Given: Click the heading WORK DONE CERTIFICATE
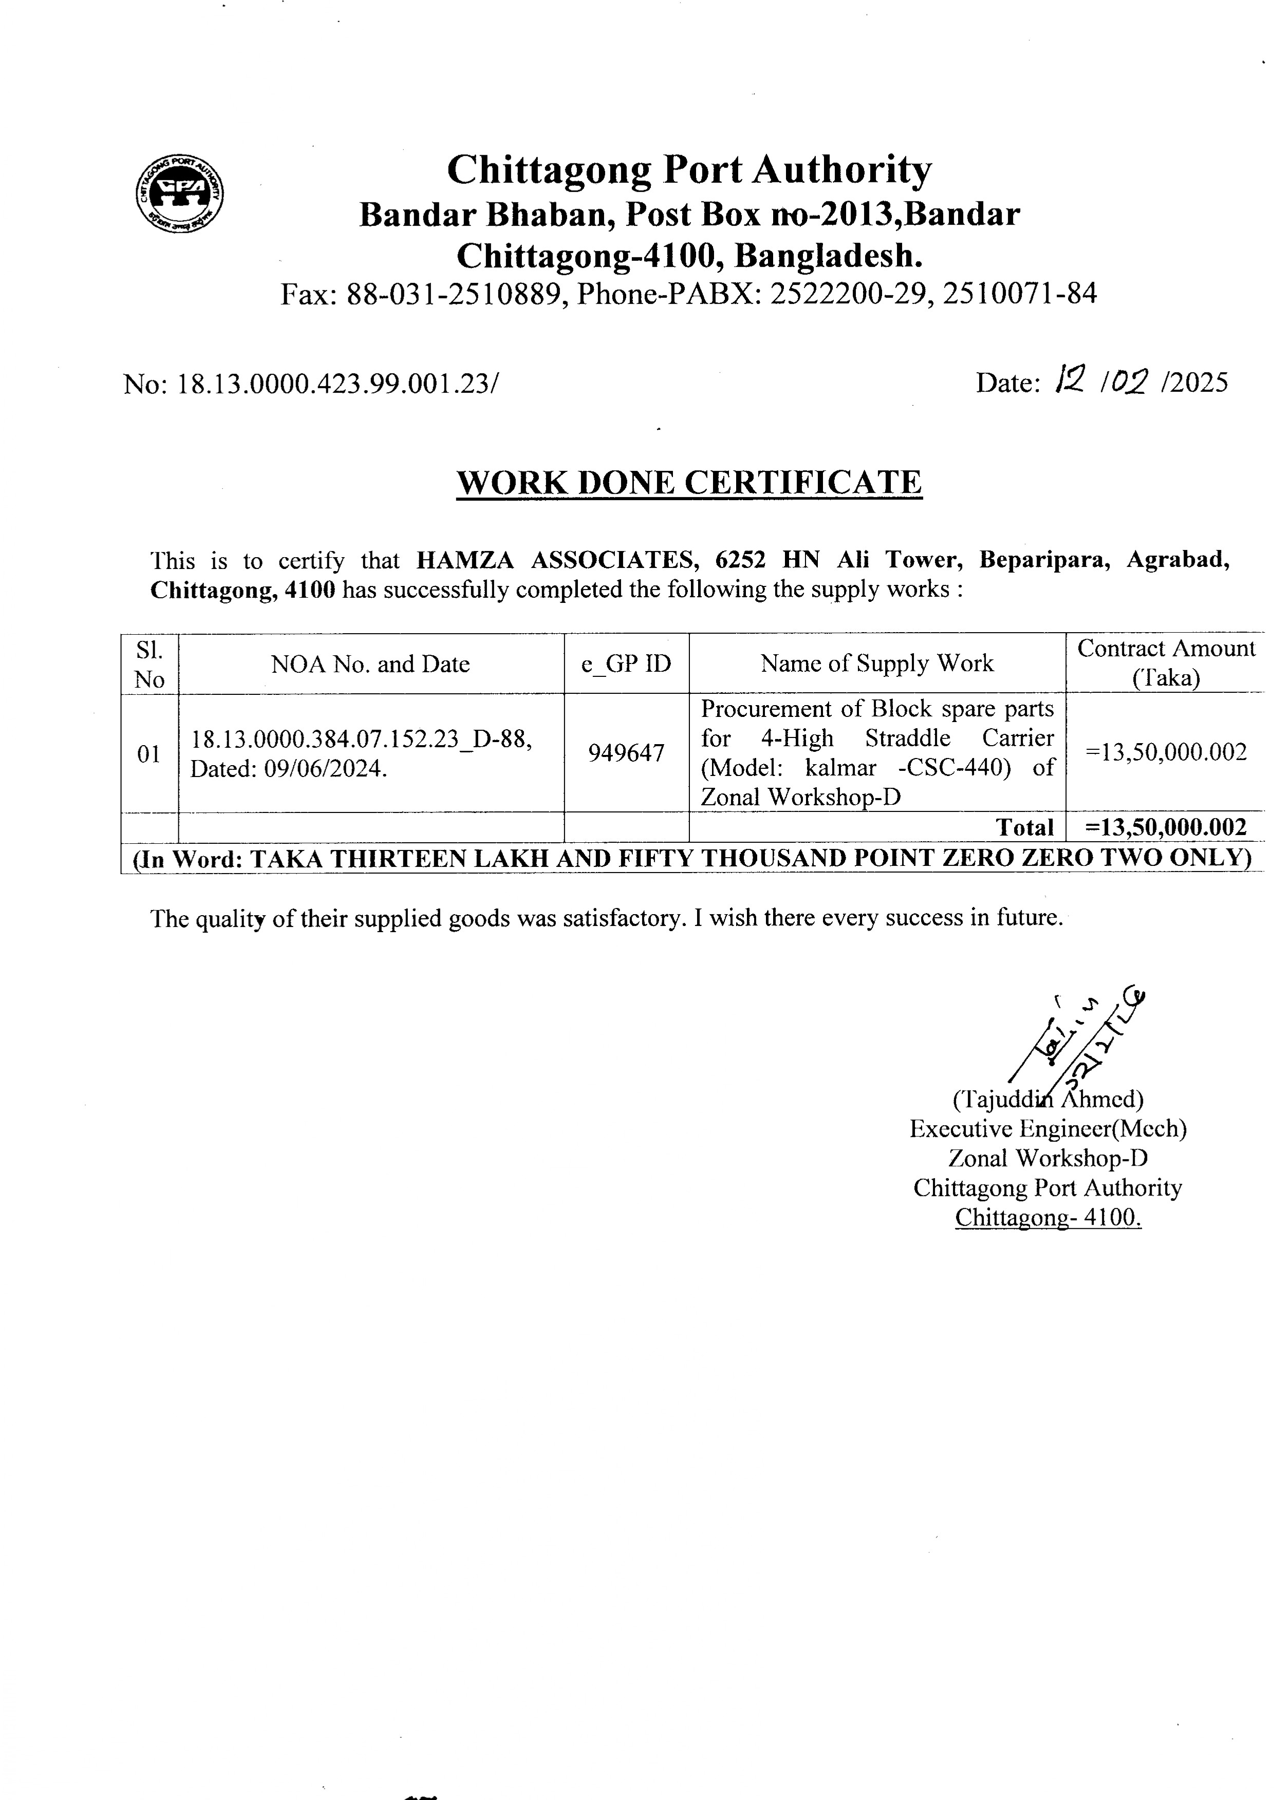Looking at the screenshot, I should (x=689, y=482).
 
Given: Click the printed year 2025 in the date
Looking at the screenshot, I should (x=1200, y=382).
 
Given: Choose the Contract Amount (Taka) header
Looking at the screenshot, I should (x=1166, y=663).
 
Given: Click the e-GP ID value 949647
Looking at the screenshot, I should (x=626, y=753).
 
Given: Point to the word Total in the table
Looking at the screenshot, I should (x=1024, y=827).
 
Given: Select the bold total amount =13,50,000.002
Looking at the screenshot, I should (x=1165, y=827).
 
